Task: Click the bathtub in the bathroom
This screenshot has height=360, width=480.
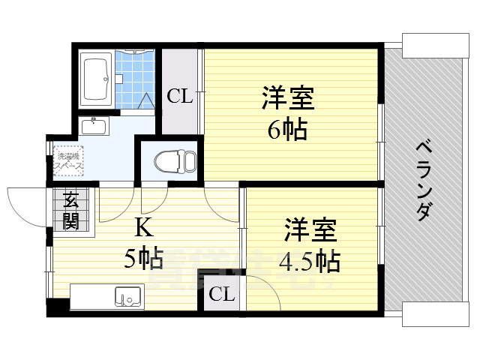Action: pyautogui.click(x=97, y=79)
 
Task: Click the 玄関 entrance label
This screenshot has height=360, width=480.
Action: pyautogui.click(x=72, y=210)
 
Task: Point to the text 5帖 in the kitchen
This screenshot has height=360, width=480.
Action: pyautogui.click(x=144, y=259)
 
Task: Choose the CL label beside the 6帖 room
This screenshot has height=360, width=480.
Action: pyautogui.click(x=179, y=96)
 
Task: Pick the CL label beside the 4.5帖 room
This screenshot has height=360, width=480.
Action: pyautogui.click(x=221, y=294)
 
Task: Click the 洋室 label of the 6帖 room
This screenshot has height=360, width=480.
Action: pyautogui.click(x=288, y=99)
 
